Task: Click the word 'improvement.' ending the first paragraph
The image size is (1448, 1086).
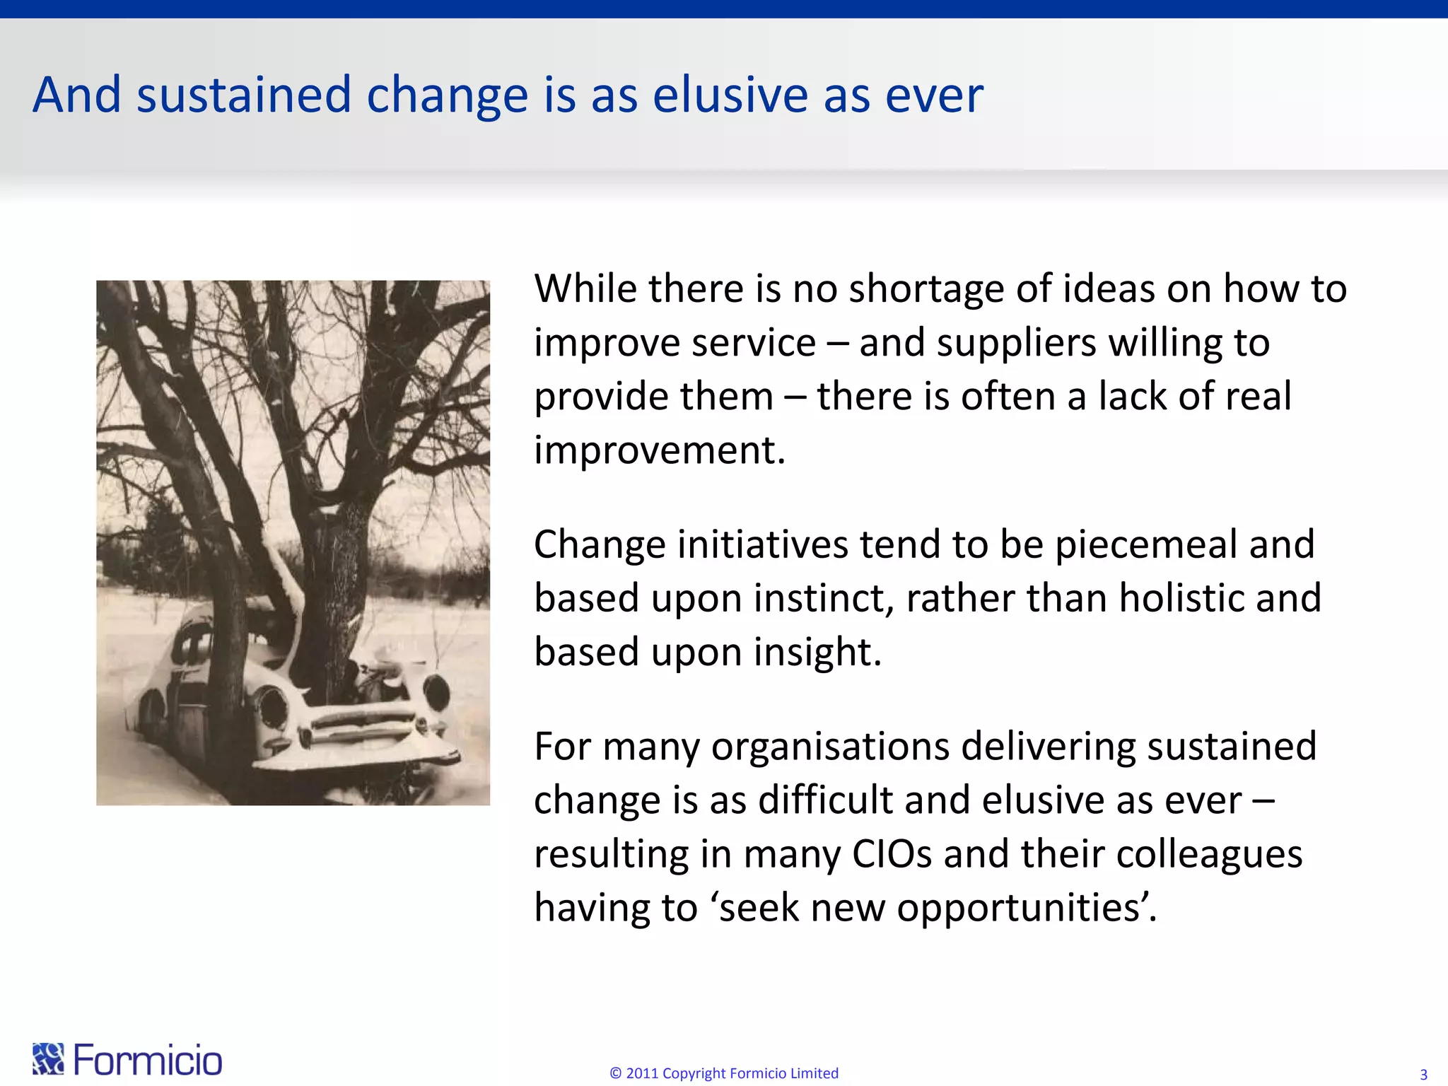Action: (659, 450)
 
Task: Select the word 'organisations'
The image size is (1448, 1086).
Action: (829, 747)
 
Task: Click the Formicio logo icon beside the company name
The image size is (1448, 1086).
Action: (48, 1059)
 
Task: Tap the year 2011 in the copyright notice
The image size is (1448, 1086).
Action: (642, 1073)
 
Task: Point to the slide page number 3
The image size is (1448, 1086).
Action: (1423, 1075)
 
